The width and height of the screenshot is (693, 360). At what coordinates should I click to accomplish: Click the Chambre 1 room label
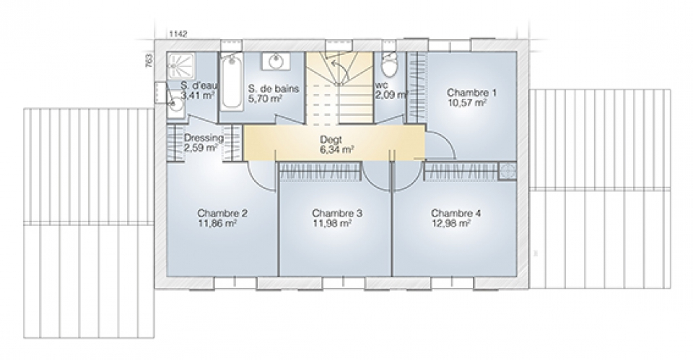471,93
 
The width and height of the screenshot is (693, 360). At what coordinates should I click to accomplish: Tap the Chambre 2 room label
222,214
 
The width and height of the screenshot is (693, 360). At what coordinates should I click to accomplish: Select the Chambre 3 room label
337,214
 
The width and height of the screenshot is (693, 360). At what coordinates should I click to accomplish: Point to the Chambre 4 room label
456,214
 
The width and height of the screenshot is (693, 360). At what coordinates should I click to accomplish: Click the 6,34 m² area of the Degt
336,150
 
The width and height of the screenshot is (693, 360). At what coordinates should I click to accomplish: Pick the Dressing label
204,138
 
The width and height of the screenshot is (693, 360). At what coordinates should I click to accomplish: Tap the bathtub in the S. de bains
231,82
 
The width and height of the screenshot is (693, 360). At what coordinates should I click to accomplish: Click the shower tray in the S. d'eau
178,66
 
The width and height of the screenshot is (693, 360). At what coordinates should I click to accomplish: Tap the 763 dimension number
149,61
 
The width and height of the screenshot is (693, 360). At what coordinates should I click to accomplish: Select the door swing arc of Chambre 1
445,139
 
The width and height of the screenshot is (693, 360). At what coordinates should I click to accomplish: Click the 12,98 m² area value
450,224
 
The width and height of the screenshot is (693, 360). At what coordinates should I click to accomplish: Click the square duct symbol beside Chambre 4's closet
507,171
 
